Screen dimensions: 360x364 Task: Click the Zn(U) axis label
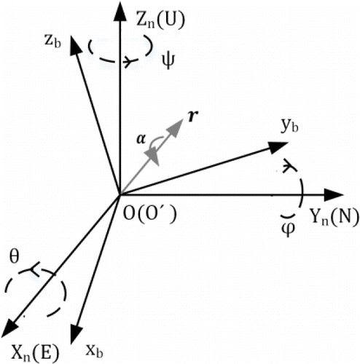(x=160, y=20)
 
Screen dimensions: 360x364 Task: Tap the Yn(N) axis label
(x=334, y=217)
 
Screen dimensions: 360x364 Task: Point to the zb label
(x=52, y=41)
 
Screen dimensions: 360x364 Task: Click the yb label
(x=289, y=126)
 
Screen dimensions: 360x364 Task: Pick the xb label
(x=95, y=351)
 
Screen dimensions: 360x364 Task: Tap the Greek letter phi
(x=288, y=229)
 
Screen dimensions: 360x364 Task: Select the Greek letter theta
(x=14, y=256)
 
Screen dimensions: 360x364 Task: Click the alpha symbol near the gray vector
(x=141, y=139)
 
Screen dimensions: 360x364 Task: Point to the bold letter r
(x=193, y=116)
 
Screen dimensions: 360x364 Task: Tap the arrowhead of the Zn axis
(x=120, y=11)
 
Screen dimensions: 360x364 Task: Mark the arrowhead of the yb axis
(x=278, y=146)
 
